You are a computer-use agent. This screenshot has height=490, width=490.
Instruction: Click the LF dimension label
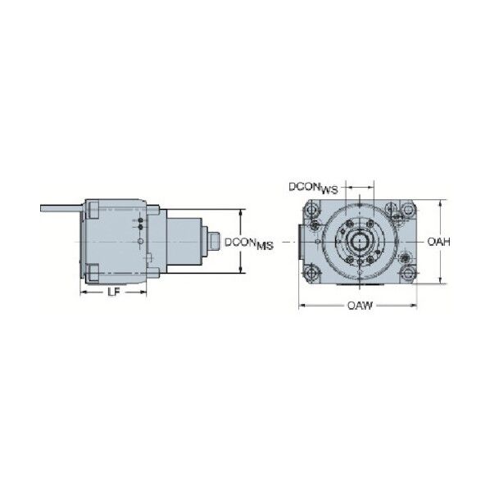coord(113,292)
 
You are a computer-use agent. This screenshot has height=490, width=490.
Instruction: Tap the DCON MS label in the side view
coord(249,243)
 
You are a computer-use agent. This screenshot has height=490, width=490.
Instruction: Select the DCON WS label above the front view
coord(313,188)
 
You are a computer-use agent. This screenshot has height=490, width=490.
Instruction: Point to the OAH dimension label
coord(438,242)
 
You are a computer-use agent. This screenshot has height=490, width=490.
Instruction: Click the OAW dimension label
coord(360,305)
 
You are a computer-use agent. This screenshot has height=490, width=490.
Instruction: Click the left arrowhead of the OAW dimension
coord(302,305)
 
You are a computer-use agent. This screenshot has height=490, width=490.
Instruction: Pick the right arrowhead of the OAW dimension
coord(414,305)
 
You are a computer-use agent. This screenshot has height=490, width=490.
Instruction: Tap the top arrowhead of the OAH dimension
coord(440,203)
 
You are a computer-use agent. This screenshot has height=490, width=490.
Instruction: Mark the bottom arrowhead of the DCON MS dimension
coord(240,270)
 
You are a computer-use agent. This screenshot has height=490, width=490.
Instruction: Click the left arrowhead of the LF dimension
coord(84,293)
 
